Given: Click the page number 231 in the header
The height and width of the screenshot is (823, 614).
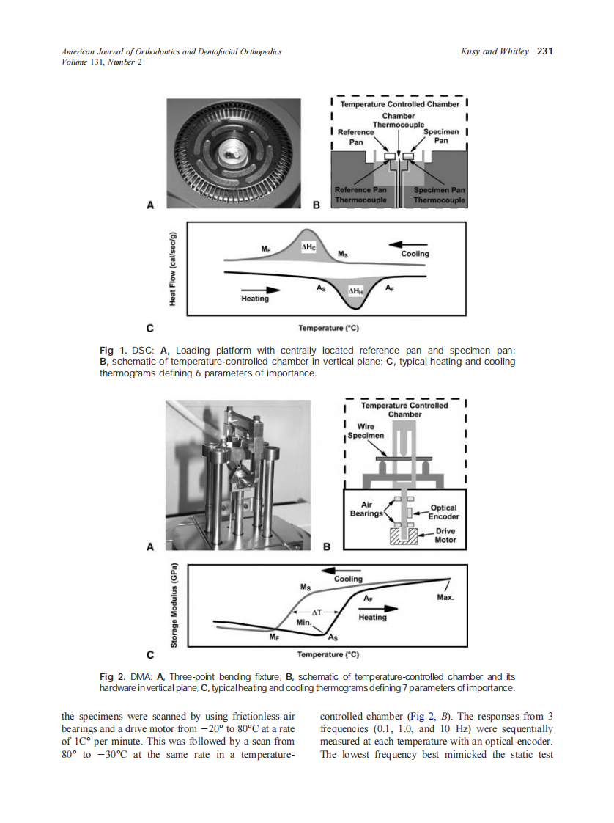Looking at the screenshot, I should [x=544, y=51].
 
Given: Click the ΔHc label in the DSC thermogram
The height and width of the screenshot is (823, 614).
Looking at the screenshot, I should [x=308, y=247].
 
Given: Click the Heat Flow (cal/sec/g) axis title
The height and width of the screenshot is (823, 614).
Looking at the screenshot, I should [x=172, y=270].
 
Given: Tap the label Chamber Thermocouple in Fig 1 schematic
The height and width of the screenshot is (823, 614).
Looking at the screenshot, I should [x=399, y=120].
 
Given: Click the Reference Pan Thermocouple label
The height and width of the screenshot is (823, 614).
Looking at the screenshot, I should [x=360, y=194].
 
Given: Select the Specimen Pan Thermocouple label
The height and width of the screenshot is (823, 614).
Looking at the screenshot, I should [x=439, y=194].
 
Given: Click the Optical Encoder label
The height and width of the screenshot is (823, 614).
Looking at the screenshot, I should [x=444, y=512].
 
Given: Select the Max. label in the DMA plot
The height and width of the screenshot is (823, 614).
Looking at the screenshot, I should [x=445, y=598].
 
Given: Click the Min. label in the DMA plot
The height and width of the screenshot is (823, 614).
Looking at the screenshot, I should [x=304, y=622].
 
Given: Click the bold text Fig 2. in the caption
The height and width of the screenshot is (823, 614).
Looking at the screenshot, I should [x=114, y=676].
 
